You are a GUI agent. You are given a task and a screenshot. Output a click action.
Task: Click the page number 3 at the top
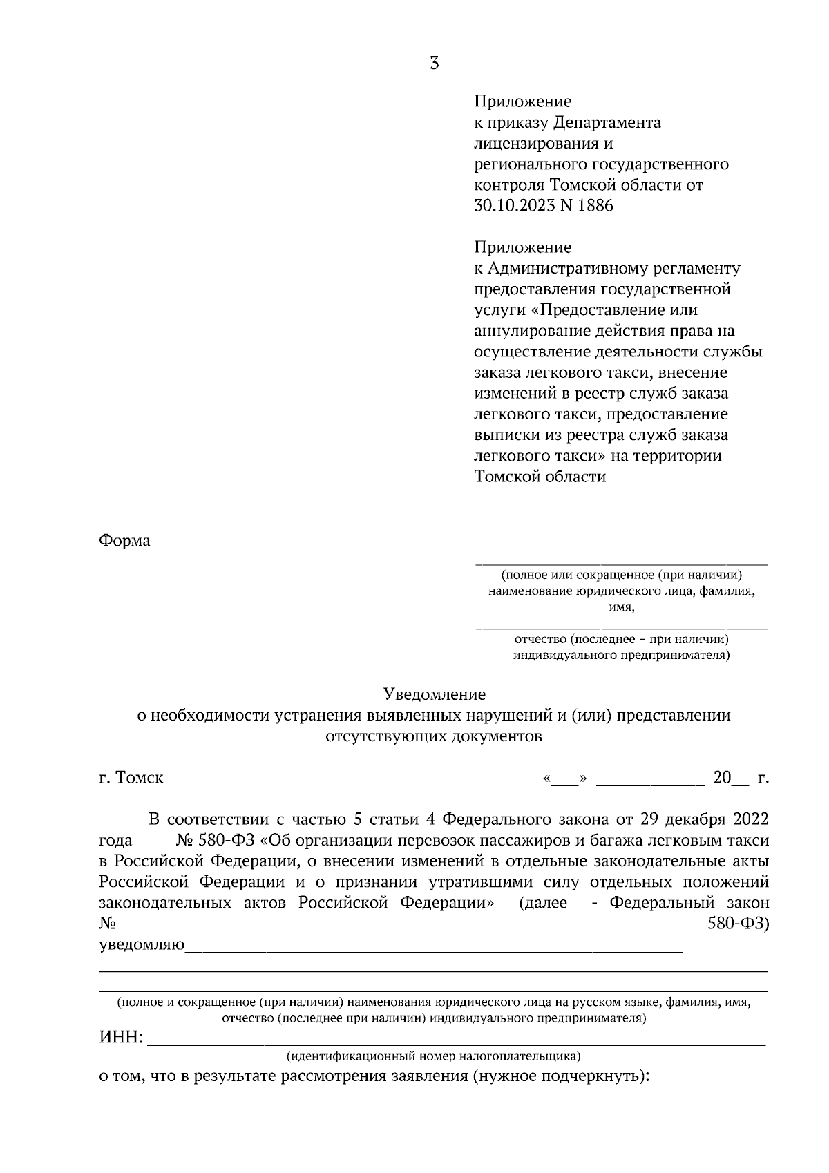pyautogui.click(x=434, y=64)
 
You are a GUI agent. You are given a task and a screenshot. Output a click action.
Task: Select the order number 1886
pyautogui.click(x=595, y=206)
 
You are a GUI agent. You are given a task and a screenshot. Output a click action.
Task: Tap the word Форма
pyautogui.click(x=124, y=541)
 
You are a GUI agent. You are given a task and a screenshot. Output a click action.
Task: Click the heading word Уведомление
pyautogui.click(x=434, y=694)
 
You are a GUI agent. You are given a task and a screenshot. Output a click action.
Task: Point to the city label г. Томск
pyautogui.click(x=131, y=778)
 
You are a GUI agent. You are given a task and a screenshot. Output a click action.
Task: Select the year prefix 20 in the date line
pyautogui.click(x=721, y=778)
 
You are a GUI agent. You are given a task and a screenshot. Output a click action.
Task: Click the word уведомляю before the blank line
pyautogui.click(x=142, y=945)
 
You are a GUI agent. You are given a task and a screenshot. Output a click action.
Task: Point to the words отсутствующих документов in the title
pyautogui.click(x=434, y=736)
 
